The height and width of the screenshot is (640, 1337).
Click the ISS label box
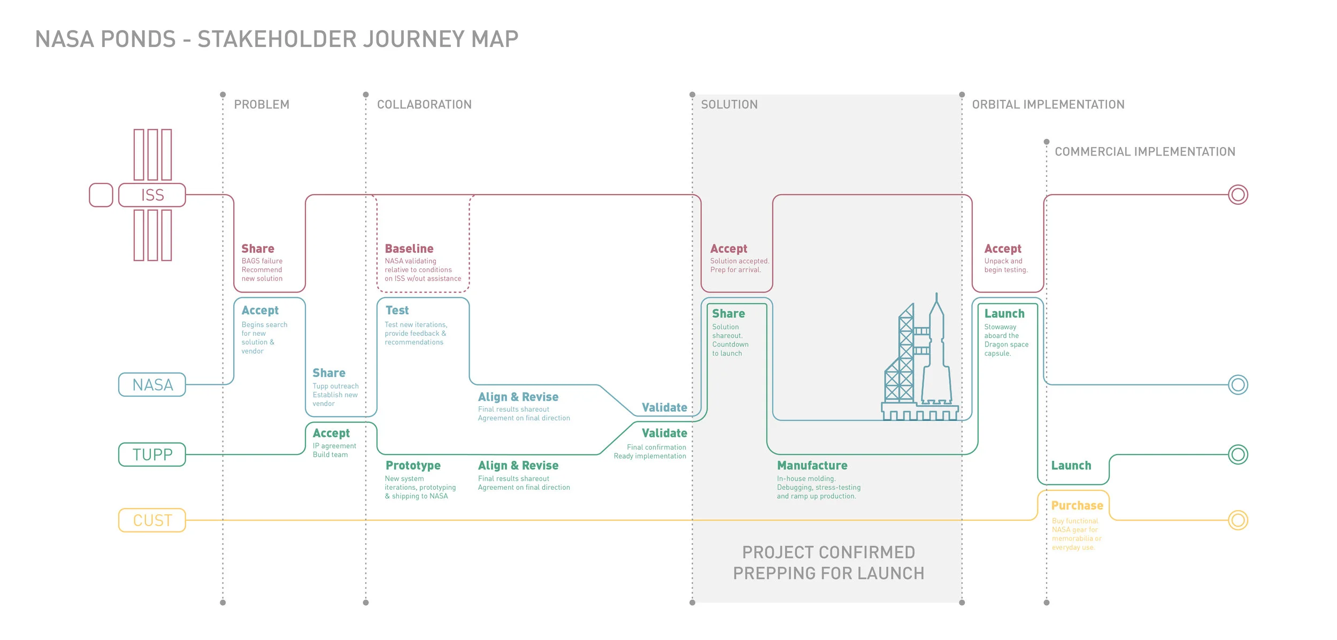tap(152, 195)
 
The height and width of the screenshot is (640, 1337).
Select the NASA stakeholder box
tap(152, 385)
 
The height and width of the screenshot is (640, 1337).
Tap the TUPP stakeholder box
tap(152, 454)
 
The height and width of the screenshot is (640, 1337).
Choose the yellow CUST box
tap(152, 520)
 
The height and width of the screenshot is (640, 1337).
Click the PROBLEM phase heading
tap(262, 105)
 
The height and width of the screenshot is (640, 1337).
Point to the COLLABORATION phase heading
tap(424, 105)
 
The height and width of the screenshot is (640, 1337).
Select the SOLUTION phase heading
tap(729, 105)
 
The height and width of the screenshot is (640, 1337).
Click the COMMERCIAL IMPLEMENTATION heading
tap(1144, 152)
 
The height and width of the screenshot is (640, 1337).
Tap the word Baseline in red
tap(409, 249)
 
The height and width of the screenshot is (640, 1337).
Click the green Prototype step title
tap(413, 466)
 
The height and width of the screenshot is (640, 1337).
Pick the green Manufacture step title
tap(812, 466)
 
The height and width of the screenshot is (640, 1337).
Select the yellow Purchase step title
tap(1077, 506)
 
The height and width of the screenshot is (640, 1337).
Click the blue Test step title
tap(397, 311)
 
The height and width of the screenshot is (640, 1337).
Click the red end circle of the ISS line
tap(1238, 195)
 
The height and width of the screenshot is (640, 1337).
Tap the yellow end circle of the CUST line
tap(1238, 520)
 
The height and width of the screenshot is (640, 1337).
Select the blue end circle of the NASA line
tap(1238, 385)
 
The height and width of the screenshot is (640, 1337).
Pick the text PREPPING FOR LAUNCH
tap(828, 574)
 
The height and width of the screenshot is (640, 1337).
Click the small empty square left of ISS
tap(101, 195)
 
